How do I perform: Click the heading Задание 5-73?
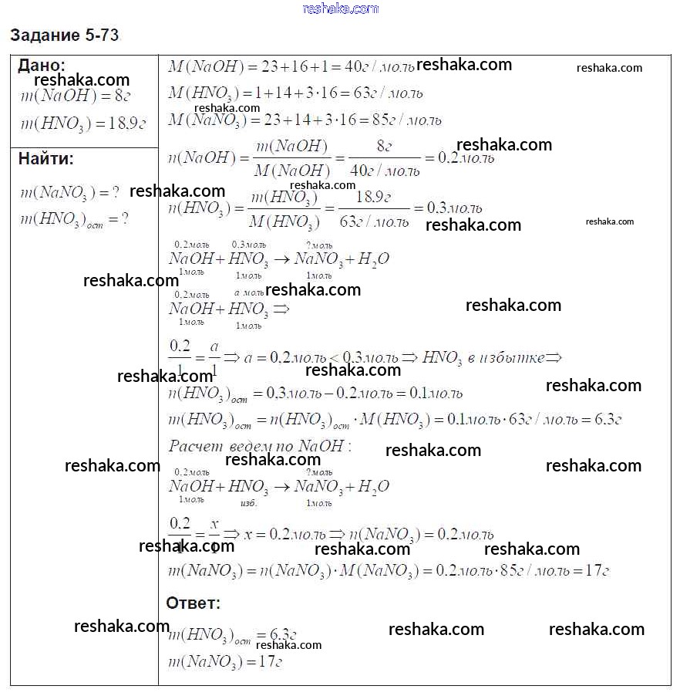pyautogui.click(x=65, y=35)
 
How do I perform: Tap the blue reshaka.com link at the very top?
pyautogui.click(x=341, y=8)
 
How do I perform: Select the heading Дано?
pyautogui.click(x=42, y=66)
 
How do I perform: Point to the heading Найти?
pyautogui.click(x=46, y=160)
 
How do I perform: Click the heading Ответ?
pyautogui.click(x=193, y=603)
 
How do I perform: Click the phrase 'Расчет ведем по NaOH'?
pyautogui.click(x=259, y=446)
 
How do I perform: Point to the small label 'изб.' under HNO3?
pyautogui.click(x=248, y=502)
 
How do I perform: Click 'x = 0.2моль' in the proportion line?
pyautogui.click(x=282, y=534)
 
